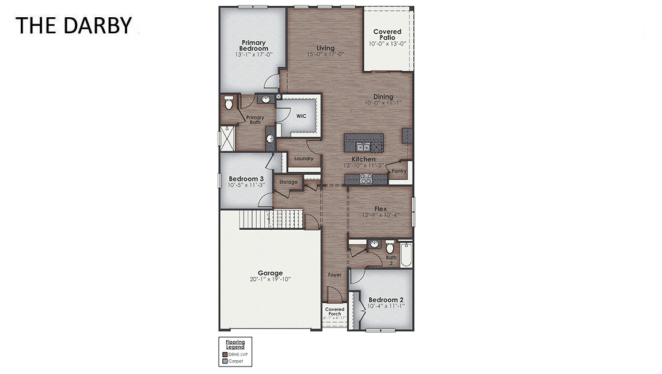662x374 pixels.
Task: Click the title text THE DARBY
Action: tap(73, 25)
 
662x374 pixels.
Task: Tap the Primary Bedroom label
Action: tap(253, 45)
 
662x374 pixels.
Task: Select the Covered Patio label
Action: tap(387, 34)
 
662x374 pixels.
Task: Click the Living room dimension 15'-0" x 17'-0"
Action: tap(325, 55)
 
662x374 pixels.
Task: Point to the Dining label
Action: tap(383, 97)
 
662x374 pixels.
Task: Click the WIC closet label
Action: tap(301, 116)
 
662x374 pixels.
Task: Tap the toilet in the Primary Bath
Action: tap(229, 103)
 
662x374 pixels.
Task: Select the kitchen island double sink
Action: tap(363, 146)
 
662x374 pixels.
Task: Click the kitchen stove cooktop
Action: tap(366, 179)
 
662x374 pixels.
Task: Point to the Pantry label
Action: tap(399, 171)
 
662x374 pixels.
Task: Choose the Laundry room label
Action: tap(303, 159)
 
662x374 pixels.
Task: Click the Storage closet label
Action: tap(288, 182)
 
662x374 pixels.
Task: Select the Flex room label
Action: tap(381, 209)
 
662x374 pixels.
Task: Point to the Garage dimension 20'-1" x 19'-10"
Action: tap(270, 280)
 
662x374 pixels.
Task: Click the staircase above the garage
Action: tap(271, 219)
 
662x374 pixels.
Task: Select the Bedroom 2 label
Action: tap(386, 300)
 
